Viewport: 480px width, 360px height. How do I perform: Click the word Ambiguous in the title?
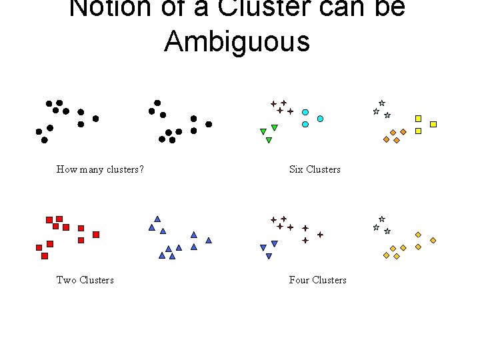point(237,41)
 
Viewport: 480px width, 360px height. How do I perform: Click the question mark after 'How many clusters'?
point(141,169)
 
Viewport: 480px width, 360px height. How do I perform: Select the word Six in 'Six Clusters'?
point(296,169)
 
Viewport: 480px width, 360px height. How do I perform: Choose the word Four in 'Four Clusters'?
point(299,280)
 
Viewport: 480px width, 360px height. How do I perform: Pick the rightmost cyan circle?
point(320,119)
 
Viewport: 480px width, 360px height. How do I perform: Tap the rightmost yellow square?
point(433,124)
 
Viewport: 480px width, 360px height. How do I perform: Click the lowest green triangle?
point(269,141)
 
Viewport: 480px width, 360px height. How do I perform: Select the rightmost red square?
point(96,235)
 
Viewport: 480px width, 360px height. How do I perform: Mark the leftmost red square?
point(39,247)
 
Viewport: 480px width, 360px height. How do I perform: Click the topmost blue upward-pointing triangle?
point(157,219)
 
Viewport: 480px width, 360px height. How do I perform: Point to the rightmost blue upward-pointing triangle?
point(209,240)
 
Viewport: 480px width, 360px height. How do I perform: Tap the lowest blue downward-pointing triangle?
point(269,257)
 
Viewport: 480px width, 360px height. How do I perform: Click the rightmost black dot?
point(209,124)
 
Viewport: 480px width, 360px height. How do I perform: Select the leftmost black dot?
point(39,131)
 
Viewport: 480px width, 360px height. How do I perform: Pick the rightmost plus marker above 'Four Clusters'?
point(320,235)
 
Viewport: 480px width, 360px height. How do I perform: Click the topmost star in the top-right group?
point(381,103)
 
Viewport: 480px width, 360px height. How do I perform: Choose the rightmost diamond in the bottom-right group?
point(433,240)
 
